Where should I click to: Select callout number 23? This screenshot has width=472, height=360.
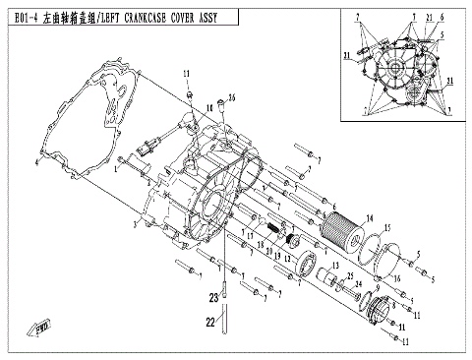pos(211,297)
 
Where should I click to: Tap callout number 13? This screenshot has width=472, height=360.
pos(334,267)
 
